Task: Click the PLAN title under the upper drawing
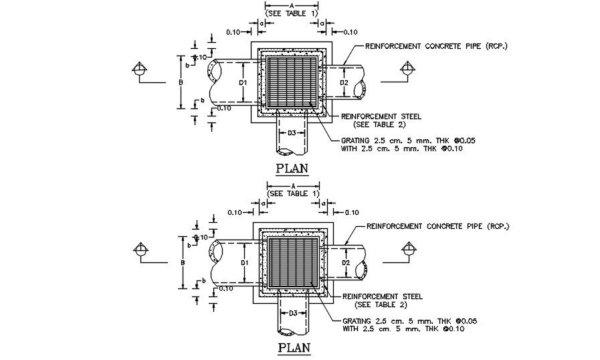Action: [293, 168]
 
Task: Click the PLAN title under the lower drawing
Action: [293, 348]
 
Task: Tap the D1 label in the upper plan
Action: [244, 82]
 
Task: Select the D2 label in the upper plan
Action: [344, 83]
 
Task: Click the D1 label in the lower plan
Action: [244, 262]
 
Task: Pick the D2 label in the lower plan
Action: [344, 263]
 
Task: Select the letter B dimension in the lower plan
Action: [182, 262]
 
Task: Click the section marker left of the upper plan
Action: [138, 69]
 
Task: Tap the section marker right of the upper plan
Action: [407, 69]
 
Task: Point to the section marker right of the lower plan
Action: [407, 250]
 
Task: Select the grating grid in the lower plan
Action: [292, 262]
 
